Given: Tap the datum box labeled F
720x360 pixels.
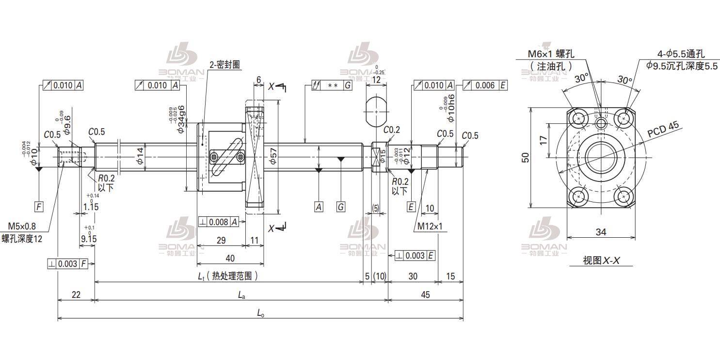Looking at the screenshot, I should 39,207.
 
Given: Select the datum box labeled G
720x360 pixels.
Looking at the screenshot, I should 341,207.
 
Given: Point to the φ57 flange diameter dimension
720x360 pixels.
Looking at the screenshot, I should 272,157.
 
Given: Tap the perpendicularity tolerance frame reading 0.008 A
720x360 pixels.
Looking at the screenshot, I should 218,222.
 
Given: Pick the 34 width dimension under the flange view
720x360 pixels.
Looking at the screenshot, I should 601,232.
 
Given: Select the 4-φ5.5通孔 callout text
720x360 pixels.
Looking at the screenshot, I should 681,54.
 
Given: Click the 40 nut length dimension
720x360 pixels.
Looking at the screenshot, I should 230,258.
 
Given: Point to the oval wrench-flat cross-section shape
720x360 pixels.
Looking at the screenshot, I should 376,111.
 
